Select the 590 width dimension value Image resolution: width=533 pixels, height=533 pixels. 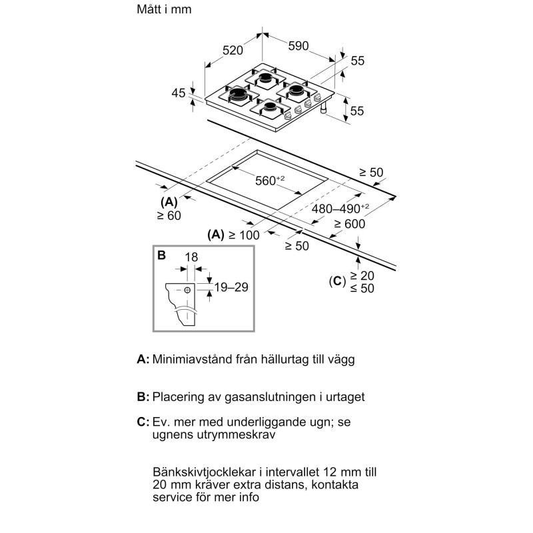tap(298, 46)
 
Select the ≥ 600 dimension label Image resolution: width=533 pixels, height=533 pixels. tap(350, 225)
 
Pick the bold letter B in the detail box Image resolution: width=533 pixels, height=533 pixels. tap(161, 255)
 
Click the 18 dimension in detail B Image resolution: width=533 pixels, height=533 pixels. tap(192, 257)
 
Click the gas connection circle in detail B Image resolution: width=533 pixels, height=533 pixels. tap(189, 290)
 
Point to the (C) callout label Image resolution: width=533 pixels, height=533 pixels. tap(338, 282)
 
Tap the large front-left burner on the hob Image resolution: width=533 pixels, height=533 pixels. tap(239, 97)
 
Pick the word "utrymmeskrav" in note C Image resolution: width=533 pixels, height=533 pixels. tap(220, 434)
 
